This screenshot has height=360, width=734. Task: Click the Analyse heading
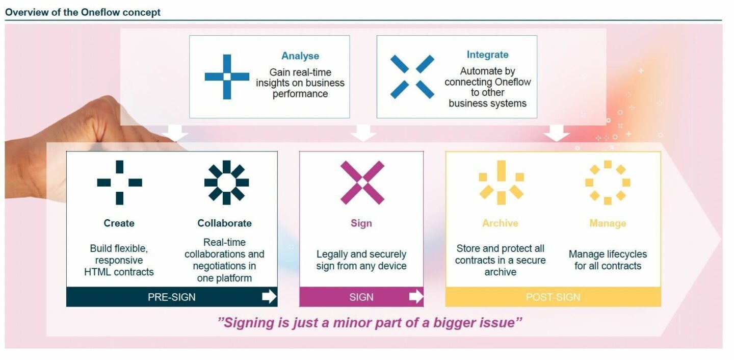pyautogui.click(x=300, y=56)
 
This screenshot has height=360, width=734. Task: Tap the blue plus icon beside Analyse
pyautogui.click(x=227, y=76)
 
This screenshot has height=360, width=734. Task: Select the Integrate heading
pyautogui.click(x=488, y=55)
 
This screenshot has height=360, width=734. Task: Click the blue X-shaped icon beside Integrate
pyautogui.click(x=412, y=76)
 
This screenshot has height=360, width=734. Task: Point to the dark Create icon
pyautogui.click(x=120, y=183)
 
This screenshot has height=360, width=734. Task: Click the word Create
pyautogui.click(x=119, y=223)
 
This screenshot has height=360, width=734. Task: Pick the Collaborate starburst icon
pyautogui.click(x=226, y=183)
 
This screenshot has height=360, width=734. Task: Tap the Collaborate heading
pyautogui.click(x=224, y=223)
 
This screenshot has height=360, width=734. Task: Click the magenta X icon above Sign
pyautogui.click(x=362, y=183)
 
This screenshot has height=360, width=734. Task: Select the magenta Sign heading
pyautogui.click(x=361, y=223)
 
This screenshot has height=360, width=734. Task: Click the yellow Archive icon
pyautogui.click(x=501, y=183)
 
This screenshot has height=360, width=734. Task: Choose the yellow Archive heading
pyautogui.click(x=501, y=223)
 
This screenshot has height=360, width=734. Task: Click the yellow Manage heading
pyautogui.click(x=608, y=223)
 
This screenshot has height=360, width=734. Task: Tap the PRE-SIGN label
pyautogui.click(x=171, y=297)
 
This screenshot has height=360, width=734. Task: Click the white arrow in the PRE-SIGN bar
pyautogui.click(x=269, y=296)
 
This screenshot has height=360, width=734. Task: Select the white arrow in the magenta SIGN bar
pyautogui.click(x=416, y=296)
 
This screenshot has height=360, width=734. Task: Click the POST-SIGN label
pyautogui.click(x=553, y=297)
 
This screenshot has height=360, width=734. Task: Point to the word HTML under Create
pyautogui.click(x=96, y=272)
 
